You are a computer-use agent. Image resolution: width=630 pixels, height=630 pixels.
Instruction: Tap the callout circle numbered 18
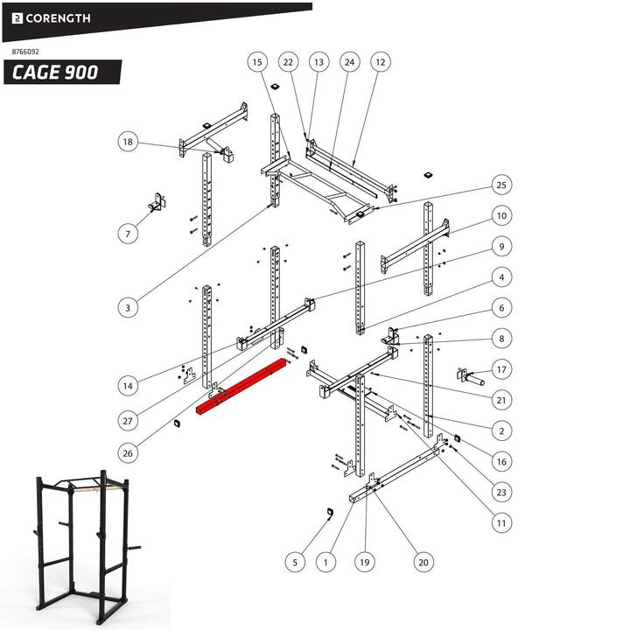click(x=129, y=142)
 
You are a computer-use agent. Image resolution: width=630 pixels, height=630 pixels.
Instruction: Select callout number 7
click(x=129, y=234)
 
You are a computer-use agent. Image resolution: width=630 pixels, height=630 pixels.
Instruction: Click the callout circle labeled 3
click(x=129, y=307)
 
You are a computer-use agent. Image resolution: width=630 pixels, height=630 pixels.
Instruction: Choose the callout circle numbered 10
click(x=500, y=215)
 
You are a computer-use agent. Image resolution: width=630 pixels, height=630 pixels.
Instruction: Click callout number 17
click(x=500, y=369)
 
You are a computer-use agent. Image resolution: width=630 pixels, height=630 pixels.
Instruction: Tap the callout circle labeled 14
click(x=129, y=385)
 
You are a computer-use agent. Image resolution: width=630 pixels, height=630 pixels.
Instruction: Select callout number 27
click(x=129, y=421)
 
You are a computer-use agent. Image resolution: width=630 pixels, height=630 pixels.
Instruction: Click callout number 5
click(x=296, y=562)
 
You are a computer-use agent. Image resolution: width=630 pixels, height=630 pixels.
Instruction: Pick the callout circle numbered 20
click(x=423, y=562)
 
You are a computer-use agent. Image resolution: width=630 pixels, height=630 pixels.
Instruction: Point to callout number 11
click(x=500, y=523)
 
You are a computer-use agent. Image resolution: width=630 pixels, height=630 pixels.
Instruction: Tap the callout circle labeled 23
click(x=500, y=493)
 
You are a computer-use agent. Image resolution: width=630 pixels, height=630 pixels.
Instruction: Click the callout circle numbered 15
click(x=256, y=62)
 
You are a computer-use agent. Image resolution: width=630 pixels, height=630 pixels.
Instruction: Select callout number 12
click(x=380, y=62)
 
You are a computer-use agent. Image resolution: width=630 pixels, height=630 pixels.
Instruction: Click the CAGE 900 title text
click(x=55, y=72)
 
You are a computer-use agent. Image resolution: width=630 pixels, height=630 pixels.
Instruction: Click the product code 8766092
click(x=26, y=52)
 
